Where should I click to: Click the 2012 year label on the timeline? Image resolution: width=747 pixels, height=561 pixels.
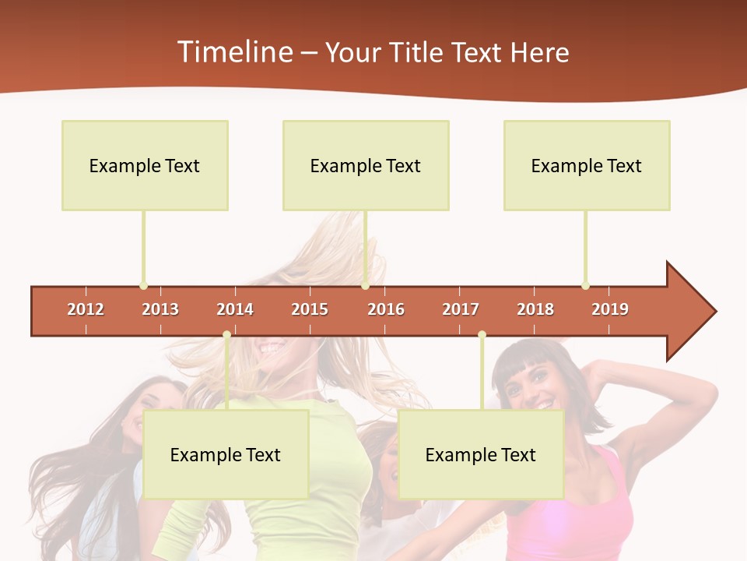click(86, 309)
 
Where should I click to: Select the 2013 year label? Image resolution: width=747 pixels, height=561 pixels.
click(160, 309)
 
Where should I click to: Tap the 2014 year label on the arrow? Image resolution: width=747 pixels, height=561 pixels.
click(235, 309)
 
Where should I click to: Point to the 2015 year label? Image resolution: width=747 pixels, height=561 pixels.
click(310, 309)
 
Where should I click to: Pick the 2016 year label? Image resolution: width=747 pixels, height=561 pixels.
click(386, 309)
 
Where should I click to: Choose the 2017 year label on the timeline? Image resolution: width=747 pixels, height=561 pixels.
click(461, 309)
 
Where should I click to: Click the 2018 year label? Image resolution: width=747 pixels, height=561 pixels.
click(535, 309)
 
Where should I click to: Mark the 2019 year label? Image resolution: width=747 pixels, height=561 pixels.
click(610, 309)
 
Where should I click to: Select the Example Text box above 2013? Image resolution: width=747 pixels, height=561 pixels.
click(145, 165)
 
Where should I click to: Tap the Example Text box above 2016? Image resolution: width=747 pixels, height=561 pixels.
click(366, 165)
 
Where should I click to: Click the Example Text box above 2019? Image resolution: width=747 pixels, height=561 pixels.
click(587, 165)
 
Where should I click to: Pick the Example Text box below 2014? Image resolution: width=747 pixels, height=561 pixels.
click(226, 454)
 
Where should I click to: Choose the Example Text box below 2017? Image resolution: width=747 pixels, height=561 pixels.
click(481, 454)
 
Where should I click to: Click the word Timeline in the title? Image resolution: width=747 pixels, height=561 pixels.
click(233, 52)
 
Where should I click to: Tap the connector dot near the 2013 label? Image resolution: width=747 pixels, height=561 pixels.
click(143, 286)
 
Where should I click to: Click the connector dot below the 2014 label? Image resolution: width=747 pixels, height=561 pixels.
click(226, 335)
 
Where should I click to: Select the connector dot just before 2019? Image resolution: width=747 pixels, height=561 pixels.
click(585, 286)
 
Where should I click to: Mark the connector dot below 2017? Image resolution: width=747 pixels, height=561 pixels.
click(482, 335)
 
